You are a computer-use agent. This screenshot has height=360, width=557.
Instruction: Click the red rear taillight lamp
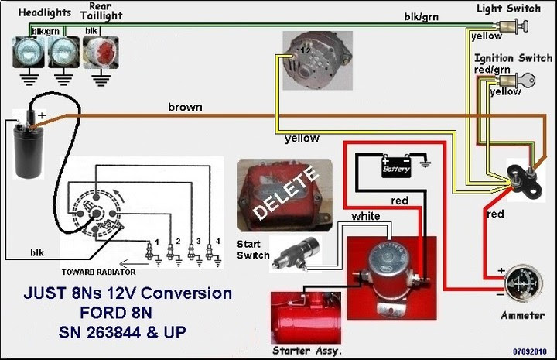[101, 53]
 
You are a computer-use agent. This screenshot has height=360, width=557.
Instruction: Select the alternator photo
[318, 60]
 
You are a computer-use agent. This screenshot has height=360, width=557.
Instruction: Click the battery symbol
[396, 166]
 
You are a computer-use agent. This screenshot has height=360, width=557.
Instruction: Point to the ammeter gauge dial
[524, 284]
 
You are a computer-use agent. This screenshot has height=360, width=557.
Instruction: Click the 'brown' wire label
[185, 107]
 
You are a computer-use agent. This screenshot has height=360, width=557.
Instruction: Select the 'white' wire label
[366, 216]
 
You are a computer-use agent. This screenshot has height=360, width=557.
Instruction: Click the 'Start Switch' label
[253, 249]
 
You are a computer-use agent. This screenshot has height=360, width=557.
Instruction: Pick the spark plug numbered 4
[210, 252]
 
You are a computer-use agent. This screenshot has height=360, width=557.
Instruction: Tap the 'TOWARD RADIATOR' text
[99, 273]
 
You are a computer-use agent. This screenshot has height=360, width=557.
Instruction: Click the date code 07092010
[530, 351]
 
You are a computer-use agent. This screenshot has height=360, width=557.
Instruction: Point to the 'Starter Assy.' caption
[307, 351]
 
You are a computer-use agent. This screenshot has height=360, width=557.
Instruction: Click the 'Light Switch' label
[509, 9]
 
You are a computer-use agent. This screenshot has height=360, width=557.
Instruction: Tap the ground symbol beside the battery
[425, 162]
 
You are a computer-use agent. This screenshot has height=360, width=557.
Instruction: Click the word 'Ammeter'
[522, 315]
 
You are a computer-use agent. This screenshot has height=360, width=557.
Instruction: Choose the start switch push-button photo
[296, 254]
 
